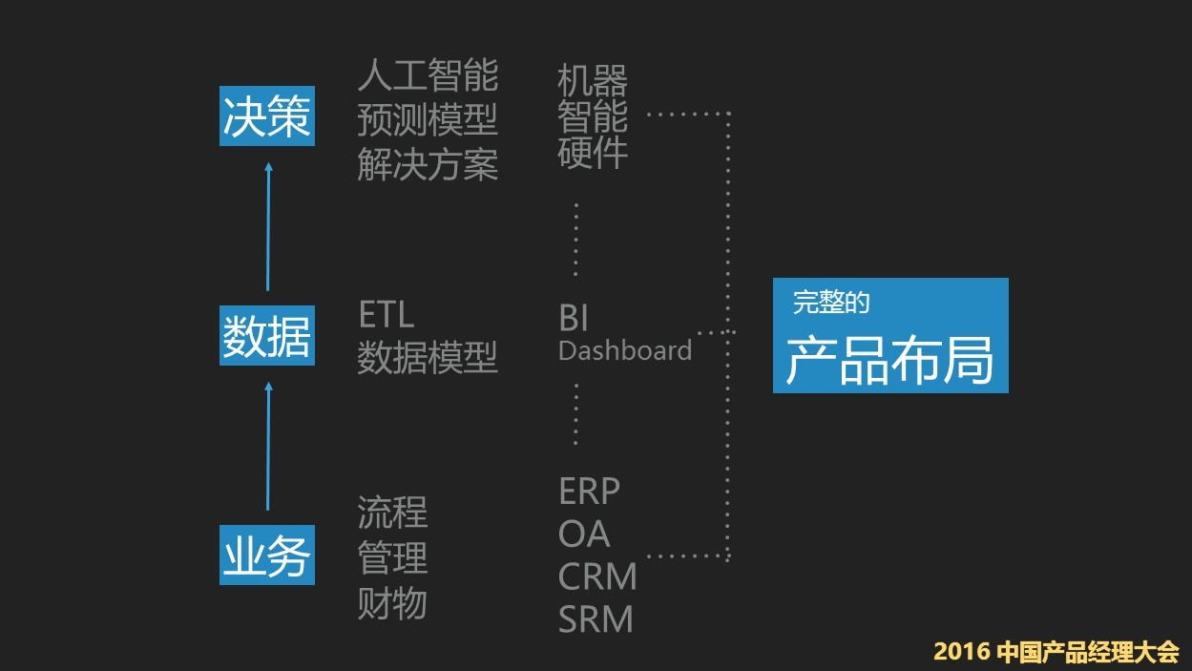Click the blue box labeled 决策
[x=266, y=118]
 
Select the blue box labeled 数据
[x=266, y=337]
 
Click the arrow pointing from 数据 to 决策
[x=268, y=227]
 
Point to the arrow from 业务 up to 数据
[x=268, y=447]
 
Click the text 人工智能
[x=428, y=74]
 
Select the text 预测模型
[x=428, y=120]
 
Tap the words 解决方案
[x=428, y=165]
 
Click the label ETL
[x=386, y=315]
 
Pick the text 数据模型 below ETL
[x=428, y=359]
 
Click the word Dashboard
[x=624, y=351]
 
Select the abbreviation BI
[x=574, y=318]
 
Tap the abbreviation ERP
[x=589, y=492]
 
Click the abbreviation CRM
[x=596, y=577]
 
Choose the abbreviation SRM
[x=596, y=620]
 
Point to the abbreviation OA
[x=583, y=535]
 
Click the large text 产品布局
[x=889, y=361]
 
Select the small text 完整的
[x=830, y=304]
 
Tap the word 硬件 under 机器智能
[x=593, y=153]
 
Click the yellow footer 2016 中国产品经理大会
[x=1056, y=652]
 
